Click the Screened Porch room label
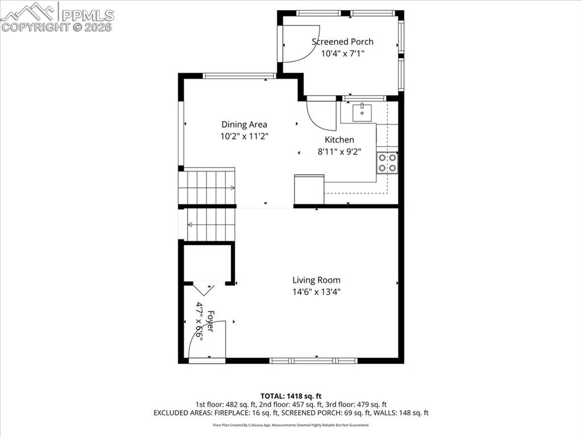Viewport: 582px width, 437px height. point(342,42)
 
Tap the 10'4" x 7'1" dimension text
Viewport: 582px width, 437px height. point(342,53)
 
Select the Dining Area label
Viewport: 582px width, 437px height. point(244,125)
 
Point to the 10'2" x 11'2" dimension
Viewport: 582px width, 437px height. point(244,137)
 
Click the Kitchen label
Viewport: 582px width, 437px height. point(339,140)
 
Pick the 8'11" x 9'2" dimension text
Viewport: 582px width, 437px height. point(339,152)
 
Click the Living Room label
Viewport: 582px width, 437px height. point(316,280)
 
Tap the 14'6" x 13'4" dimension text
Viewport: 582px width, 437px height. point(316,292)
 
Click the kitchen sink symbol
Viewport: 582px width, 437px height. point(361,112)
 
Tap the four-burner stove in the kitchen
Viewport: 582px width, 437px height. point(387,163)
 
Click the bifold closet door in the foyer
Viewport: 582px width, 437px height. point(204,288)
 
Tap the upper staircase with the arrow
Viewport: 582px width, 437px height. point(207,187)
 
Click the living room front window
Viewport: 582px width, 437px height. point(313,360)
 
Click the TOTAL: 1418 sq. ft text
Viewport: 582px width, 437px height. point(291,396)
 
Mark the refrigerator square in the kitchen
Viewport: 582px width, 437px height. point(309,189)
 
